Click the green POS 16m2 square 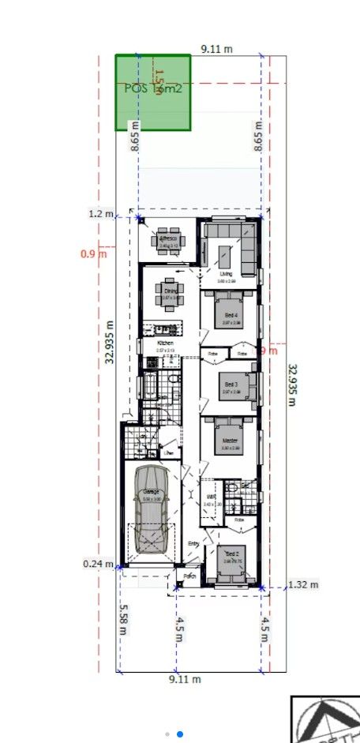point(153,92)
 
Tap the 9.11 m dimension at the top point(217,49)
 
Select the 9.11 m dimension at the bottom point(185,679)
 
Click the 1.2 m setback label point(101,214)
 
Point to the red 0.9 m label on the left point(93,253)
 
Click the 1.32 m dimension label point(303,584)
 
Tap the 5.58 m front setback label point(122,617)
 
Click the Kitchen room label point(165,343)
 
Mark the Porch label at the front point(189,576)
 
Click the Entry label point(193,543)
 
